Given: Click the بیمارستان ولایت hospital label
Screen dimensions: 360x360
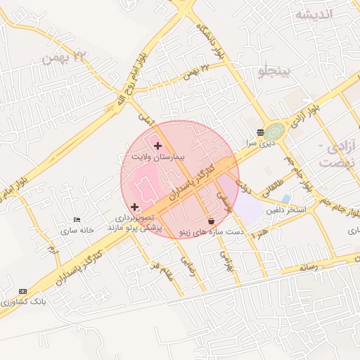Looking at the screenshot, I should (157, 157).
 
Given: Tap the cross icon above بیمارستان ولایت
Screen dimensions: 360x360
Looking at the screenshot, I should (157, 146).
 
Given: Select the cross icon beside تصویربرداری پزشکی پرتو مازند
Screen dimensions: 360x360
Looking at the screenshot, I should (135, 207).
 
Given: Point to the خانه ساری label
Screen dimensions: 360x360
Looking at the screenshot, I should (77, 231).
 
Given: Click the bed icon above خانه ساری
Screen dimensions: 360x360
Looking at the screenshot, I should (77, 220).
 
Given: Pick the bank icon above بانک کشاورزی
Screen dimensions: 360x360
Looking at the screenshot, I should (22, 291).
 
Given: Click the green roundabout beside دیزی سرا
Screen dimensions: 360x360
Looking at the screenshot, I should (276, 131).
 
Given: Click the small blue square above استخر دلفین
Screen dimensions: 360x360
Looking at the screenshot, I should (285, 199).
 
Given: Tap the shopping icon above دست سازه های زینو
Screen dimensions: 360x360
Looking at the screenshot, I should (211, 221).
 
